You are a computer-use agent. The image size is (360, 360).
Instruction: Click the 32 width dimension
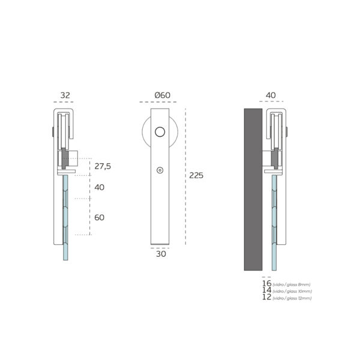(65, 95)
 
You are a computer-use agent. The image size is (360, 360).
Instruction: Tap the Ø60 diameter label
(163, 95)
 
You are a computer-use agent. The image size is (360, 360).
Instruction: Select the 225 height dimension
(196, 175)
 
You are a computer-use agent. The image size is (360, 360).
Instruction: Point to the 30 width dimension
(161, 254)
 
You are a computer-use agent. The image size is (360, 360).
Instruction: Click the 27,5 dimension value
(103, 166)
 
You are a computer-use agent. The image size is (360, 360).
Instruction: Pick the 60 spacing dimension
(100, 217)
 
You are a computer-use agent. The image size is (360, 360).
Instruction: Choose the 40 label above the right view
(271, 95)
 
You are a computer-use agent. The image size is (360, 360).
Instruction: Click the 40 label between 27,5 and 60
(100, 187)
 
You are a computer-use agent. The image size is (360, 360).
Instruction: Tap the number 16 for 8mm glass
(267, 283)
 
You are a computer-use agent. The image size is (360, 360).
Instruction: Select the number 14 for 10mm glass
(267, 290)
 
